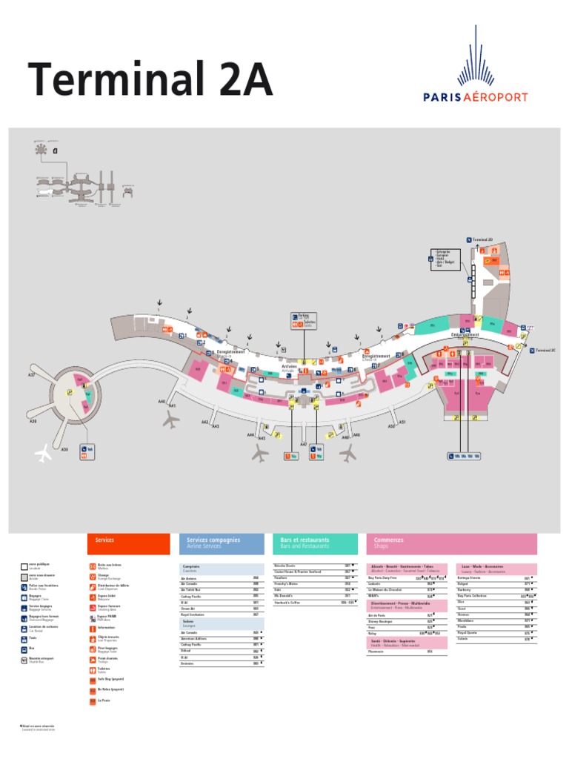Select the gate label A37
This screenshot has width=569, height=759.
point(32,376)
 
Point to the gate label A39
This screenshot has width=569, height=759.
point(64,449)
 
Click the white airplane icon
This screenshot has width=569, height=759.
point(44,453)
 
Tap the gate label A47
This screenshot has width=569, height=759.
point(303,445)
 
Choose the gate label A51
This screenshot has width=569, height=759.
point(402,422)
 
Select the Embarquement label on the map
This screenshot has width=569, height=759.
point(465,334)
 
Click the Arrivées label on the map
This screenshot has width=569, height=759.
point(289,366)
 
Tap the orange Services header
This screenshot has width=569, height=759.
point(128,543)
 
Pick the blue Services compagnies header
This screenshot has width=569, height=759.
point(221,543)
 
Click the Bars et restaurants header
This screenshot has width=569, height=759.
point(314,543)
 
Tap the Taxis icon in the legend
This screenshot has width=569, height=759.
point(22,638)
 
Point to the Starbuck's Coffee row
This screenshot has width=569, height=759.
point(311,603)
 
